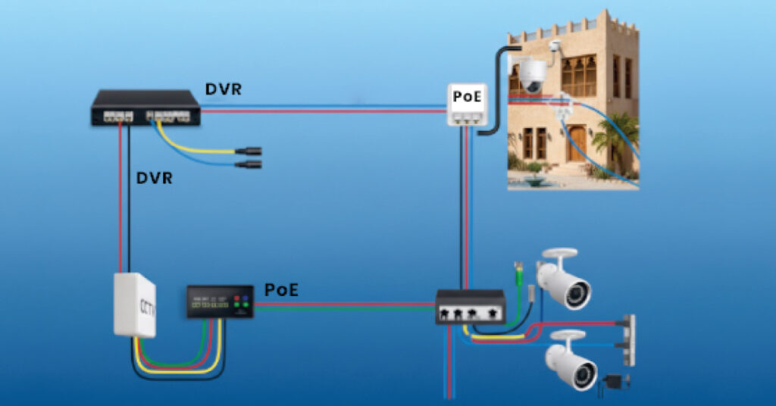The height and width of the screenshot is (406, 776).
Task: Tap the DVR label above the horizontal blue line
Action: click(x=224, y=89)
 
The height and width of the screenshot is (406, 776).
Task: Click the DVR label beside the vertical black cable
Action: click(x=155, y=179)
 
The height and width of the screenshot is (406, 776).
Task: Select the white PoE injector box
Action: click(x=465, y=105)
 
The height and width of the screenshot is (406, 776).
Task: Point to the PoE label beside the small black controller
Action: click(x=280, y=289)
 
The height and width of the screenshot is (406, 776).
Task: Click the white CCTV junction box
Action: click(x=134, y=304)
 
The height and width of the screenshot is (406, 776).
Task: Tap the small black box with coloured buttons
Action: click(x=220, y=301)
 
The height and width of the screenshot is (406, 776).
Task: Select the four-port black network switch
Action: click(x=470, y=307)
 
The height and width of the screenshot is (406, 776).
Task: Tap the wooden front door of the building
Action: click(x=577, y=143)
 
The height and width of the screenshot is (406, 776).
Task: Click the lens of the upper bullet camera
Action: click(x=583, y=293)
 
